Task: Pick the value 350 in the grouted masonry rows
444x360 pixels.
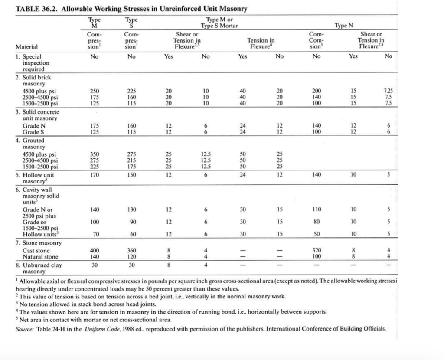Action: [94, 154]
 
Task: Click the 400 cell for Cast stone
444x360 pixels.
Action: [94, 250]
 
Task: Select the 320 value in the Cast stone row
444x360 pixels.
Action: [317, 250]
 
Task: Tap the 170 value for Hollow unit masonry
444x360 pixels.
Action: [94, 175]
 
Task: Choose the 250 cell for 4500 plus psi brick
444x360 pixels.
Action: [94, 91]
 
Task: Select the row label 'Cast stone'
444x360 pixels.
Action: [36, 251]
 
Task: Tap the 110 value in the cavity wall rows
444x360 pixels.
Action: [317, 209]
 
